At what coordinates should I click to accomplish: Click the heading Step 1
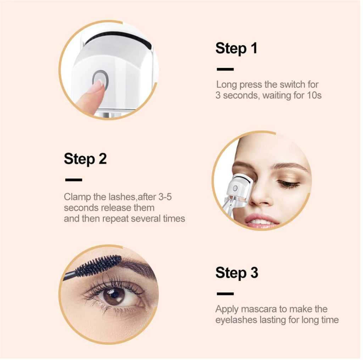pos(236,48)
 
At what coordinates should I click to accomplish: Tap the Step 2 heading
pos(85,159)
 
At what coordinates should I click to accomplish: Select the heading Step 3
pos(236,273)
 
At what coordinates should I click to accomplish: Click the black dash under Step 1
pos(225,69)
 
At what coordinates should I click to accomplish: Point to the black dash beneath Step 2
pos(74,180)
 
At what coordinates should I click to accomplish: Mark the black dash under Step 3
pos(225,294)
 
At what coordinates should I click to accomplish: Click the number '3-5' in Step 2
pos(165,197)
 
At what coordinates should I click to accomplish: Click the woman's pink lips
pos(261,220)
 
